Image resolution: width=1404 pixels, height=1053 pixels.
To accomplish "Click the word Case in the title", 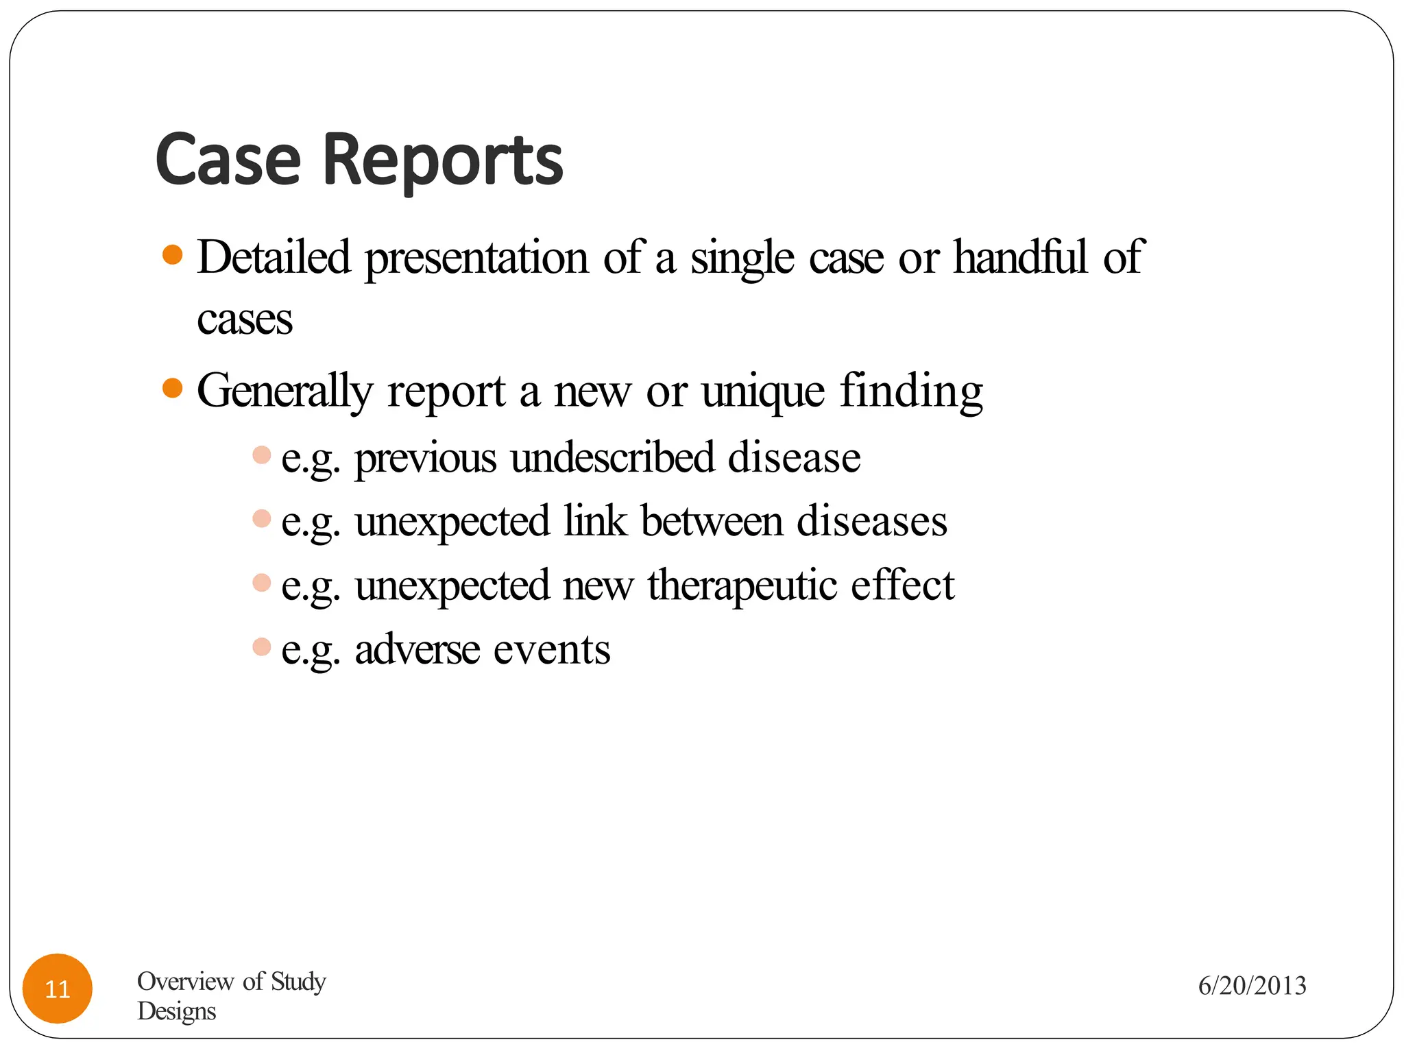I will pos(228,160).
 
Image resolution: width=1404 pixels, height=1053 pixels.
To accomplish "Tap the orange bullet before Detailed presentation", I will pos(173,255).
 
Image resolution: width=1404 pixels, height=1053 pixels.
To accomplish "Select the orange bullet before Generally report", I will pos(173,389).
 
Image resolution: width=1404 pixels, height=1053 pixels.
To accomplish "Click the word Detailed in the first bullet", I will pos(274,257).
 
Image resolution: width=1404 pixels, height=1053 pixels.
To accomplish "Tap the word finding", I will pos(912,391).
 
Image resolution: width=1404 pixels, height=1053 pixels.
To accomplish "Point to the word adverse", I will pos(417,649).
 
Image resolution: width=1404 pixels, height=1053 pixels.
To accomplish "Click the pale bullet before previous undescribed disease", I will pos(262,455).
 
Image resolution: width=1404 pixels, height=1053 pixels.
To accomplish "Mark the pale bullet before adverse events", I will pos(262,646).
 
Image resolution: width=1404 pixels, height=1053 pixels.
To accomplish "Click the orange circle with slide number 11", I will pos(58,989).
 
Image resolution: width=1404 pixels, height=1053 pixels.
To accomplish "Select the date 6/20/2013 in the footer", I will pos(1252,986).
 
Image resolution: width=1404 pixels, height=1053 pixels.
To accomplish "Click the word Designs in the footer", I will pos(177,1011).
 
